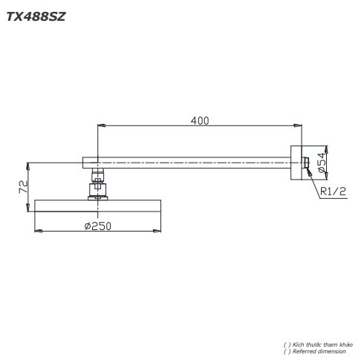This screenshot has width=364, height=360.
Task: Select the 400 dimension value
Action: pos(200,120)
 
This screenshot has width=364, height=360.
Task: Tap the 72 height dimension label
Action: pos(22,186)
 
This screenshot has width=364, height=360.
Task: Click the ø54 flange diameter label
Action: pos(321,163)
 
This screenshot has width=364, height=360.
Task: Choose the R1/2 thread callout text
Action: pos(334,192)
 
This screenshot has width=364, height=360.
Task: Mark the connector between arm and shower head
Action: pos(98,184)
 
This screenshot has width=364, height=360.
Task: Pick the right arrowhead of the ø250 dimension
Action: pos(158,232)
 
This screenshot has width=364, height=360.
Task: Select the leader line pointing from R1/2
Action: pos(313,183)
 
